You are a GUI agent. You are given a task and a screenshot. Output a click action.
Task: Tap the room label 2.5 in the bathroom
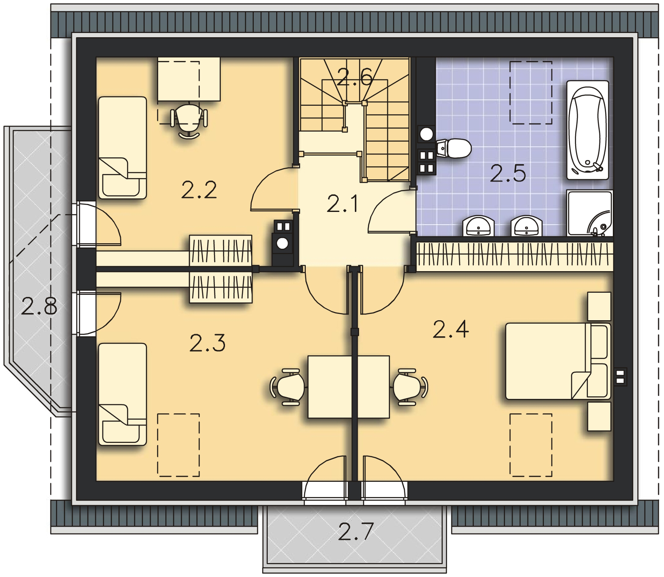pos(508,174)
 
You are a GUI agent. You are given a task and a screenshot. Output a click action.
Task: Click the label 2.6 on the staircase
pos(354,78)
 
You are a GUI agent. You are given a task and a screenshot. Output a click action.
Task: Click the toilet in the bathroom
pos(453,148)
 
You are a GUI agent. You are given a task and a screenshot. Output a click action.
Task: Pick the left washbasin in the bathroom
pos(478,226)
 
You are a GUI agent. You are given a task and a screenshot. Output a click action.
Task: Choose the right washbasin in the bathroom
pos(526,226)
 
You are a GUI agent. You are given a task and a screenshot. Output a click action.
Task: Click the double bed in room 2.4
pos(558,361)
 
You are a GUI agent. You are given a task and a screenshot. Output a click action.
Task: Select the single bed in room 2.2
pos(122,147)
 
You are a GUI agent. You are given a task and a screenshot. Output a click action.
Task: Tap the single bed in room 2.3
pos(122,394)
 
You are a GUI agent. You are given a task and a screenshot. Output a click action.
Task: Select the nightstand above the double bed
pos(599,306)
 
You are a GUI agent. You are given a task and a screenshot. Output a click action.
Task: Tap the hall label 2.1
pos(343,205)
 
